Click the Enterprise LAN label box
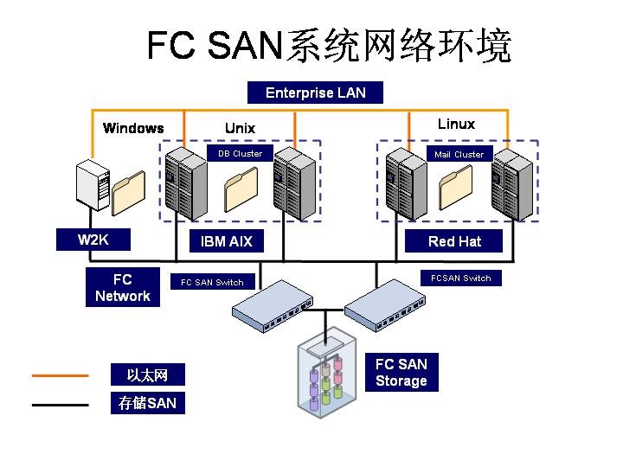[x=315, y=93]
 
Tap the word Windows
[x=133, y=128]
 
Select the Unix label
[x=240, y=128]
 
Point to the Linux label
[x=456, y=124]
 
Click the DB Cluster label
[x=240, y=154]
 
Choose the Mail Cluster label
[x=459, y=154]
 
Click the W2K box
[x=93, y=240]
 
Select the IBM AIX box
[x=226, y=241]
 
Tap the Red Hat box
[x=453, y=241]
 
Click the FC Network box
[x=122, y=288]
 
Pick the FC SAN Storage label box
[x=401, y=372]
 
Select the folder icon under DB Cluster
[x=241, y=189]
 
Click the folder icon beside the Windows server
[x=128, y=192]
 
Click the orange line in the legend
[x=60, y=375]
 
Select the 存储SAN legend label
[x=147, y=403]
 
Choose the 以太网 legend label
[x=147, y=375]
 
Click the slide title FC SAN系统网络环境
[x=329, y=46]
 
